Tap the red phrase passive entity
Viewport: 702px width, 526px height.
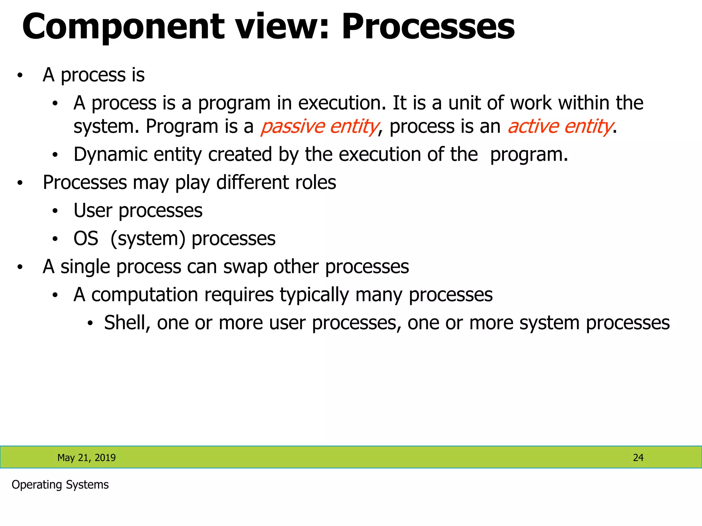[x=319, y=126]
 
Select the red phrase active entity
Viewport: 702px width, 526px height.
[x=560, y=126]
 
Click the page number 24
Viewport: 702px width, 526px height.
[x=638, y=458]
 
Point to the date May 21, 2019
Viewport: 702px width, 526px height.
[x=86, y=458]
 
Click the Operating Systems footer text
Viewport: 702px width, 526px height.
[x=60, y=485]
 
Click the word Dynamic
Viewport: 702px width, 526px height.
[x=110, y=155]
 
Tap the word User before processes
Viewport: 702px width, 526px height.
[x=93, y=211]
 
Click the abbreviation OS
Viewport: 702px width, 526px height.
[x=86, y=239]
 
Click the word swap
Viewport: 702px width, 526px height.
[x=245, y=267]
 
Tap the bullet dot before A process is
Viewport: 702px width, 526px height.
[x=20, y=75]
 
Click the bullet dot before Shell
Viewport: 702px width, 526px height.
[x=90, y=323]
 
